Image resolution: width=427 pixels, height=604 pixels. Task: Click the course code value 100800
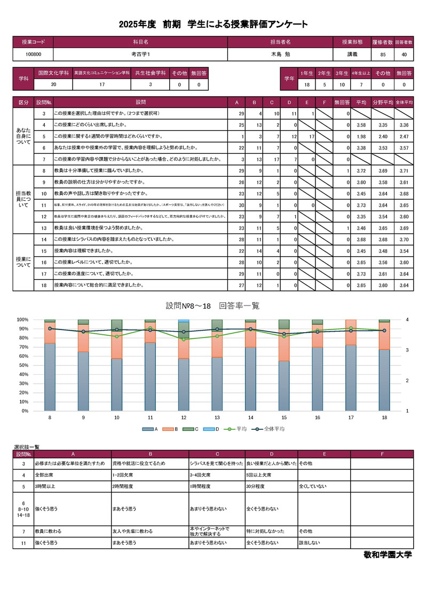pyautogui.click(x=33, y=54)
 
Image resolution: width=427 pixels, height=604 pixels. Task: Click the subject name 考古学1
pyautogui.click(x=141, y=54)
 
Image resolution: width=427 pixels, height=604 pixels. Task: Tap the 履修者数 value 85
pyautogui.click(x=383, y=54)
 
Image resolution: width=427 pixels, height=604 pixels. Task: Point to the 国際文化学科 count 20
pyautogui.click(x=53, y=84)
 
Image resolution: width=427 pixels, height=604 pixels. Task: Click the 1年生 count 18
pyautogui.click(x=307, y=84)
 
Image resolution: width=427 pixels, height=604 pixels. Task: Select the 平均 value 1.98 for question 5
pyautogui.click(x=361, y=136)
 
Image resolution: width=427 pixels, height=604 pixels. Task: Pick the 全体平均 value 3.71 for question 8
pyautogui.click(x=404, y=170)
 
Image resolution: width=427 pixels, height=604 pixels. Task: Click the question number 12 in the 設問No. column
pyautogui.click(x=43, y=216)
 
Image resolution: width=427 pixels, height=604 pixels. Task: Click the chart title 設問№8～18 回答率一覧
pyautogui.click(x=212, y=305)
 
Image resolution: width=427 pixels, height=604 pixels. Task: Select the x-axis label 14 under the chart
pyautogui.click(x=250, y=418)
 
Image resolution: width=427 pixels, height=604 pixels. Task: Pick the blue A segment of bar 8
pyautogui.click(x=50, y=376)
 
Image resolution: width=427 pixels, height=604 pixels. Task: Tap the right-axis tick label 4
pyautogui.click(x=407, y=319)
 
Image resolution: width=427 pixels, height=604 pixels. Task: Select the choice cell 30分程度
pyautogui.click(x=257, y=487)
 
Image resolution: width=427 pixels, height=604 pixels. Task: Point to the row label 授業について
pyautogui.click(x=23, y=262)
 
